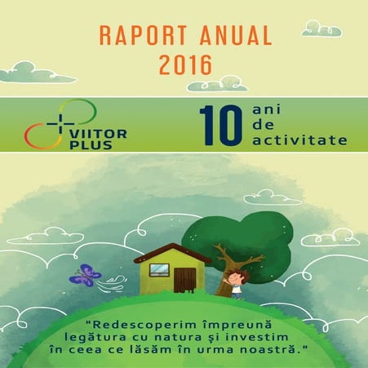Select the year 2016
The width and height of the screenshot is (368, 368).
(184, 62)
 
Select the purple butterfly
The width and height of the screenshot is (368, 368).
(85, 274)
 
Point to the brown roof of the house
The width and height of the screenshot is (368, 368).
(172, 252)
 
